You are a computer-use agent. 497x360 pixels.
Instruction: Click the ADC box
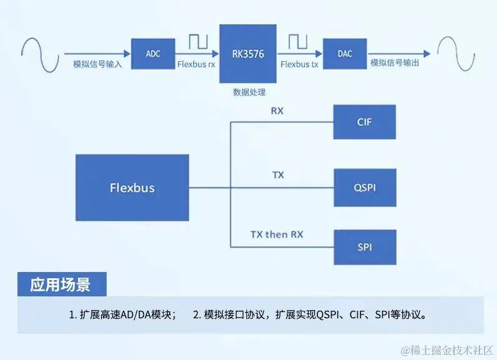pos(153,54)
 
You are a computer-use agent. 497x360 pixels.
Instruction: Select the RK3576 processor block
pos(248,54)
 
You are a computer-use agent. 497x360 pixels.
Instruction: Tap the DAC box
pos(344,54)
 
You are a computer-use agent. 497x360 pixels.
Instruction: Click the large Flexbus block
pos(132,187)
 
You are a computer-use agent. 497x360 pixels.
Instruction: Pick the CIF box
pos(365,122)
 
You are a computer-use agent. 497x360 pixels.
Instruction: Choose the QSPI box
pos(365,187)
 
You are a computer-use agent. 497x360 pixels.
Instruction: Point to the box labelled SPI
pos(365,247)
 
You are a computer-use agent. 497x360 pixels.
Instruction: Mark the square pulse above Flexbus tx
pos(297,42)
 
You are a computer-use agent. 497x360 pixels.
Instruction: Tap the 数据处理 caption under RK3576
pos(249,92)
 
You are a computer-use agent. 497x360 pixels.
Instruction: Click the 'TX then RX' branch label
pos(277,235)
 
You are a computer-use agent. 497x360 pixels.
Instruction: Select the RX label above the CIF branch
pos(277,111)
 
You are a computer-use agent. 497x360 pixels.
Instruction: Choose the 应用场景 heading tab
pos(61,285)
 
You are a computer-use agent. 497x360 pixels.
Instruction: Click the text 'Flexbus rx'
pos(196,64)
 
